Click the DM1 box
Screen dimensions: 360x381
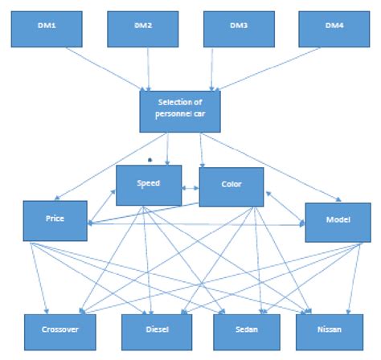pyautogui.click(x=46, y=27)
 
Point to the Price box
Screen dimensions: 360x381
pyautogui.click(x=55, y=219)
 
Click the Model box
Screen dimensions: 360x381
pyautogui.click(x=337, y=220)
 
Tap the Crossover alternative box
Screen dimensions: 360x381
pyautogui.click(x=59, y=330)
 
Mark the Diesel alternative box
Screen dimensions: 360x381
pyautogui.click(x=157, y=330)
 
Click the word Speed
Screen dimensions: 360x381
pyautogui.click(x=149, y=183)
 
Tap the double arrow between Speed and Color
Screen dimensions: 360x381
pyautogui.click(x=190, y=188)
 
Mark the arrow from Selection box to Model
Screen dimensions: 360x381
pyautogui.click(x=265, y=165)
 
